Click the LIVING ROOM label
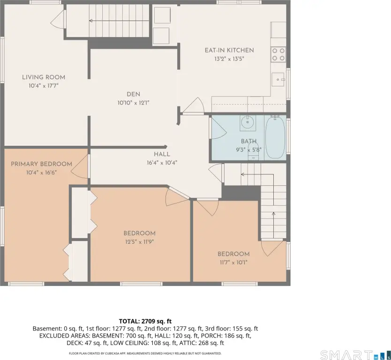coord(44,77)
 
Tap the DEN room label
coord(134,94)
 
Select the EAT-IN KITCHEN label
coord(229,50)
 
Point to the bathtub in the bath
coord(275,137)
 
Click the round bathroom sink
coord(248,122)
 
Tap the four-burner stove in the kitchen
coord(278,54)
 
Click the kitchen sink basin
coord(278,79)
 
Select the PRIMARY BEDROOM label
coord(41,164)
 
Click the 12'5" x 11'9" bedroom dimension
coord(140,242)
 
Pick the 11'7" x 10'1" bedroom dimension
coord(233,262)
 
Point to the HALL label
coord(162,154)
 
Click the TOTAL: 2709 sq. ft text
coord(145,321)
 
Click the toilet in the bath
coord(253,151)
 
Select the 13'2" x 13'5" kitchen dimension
coord(229,59)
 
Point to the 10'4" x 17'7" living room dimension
coord(44,86)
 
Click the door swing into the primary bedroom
coord(79,166)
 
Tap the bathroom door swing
coord(218,128)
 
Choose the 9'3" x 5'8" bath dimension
coord(248,150)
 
